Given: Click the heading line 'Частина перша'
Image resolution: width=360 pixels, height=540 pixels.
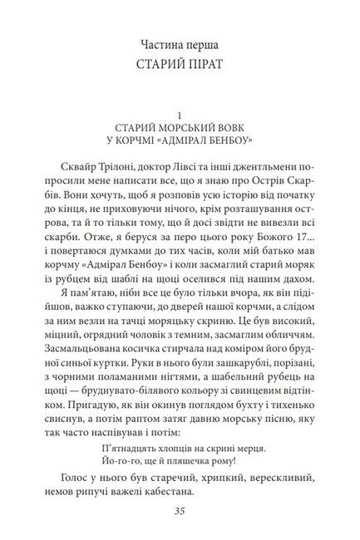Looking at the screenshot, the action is click(x=180, y=39).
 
